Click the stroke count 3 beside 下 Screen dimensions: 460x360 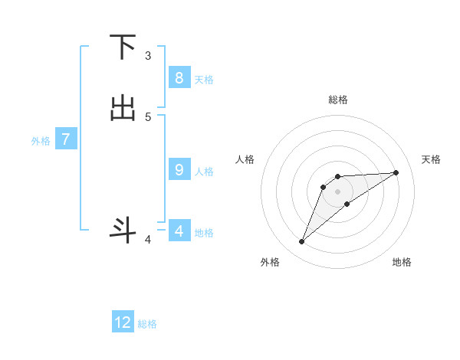(148, 56)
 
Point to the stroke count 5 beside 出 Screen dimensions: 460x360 (148, 116)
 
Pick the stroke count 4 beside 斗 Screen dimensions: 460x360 (148, 241)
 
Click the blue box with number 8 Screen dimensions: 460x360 (179, 77)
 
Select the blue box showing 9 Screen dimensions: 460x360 (179, 170)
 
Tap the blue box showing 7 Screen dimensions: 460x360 (66, 139)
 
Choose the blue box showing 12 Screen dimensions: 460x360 (123, 322)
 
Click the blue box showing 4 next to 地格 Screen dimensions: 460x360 (179, 231)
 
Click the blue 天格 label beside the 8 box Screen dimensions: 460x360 (204, 79)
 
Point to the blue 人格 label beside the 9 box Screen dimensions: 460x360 (204, 172)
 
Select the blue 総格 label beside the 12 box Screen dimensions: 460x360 (147, 324)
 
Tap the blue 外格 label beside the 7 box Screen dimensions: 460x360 (41, 141)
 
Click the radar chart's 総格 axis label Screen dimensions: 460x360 (337, 100)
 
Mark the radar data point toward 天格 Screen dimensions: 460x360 (396, 172)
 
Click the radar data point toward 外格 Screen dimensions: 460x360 (301, 242)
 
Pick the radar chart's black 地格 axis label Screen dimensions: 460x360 (402, 262)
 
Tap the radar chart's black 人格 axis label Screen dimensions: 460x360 (245, 159)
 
